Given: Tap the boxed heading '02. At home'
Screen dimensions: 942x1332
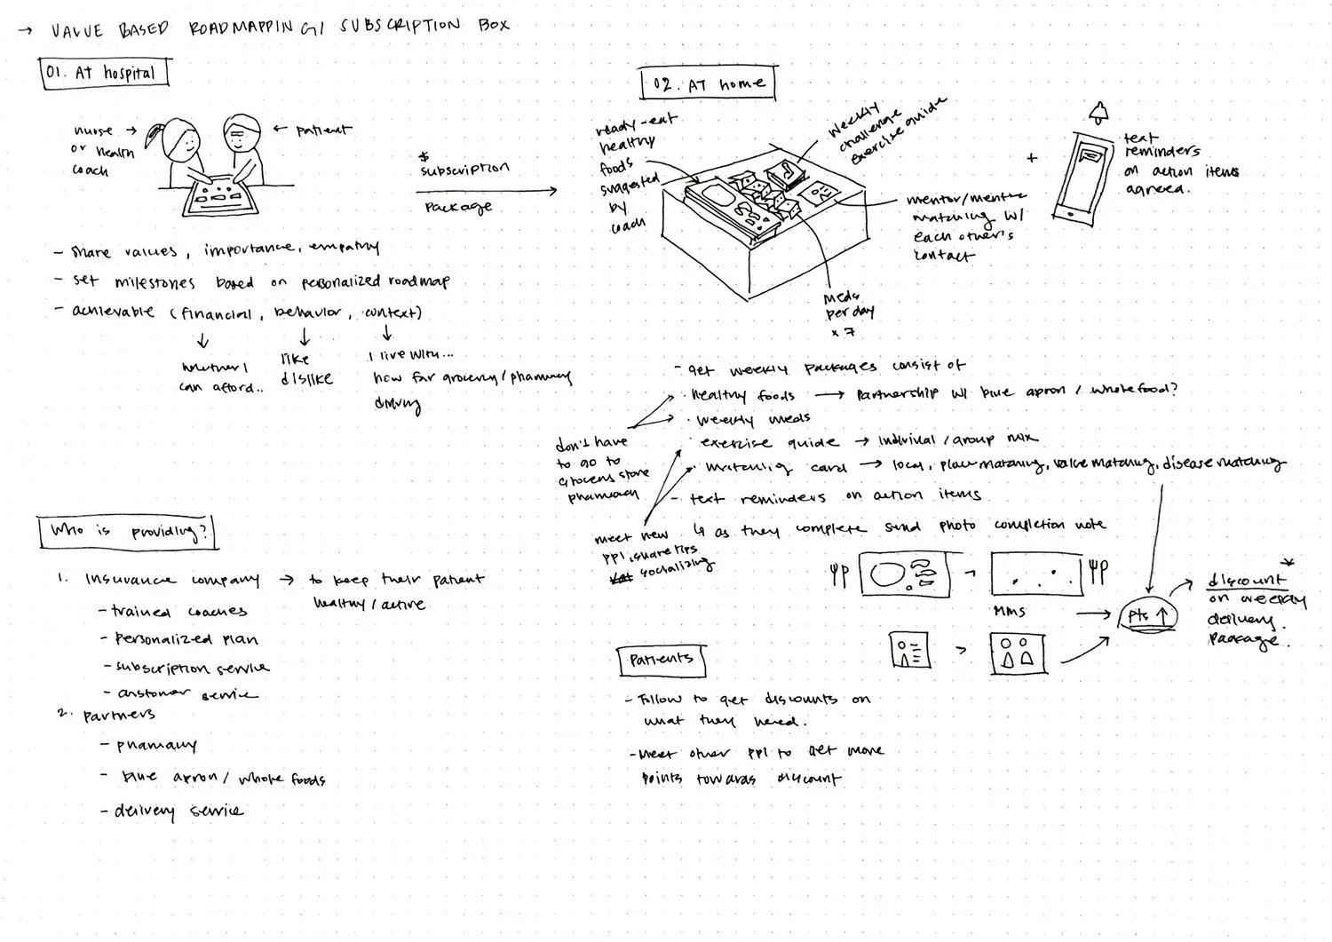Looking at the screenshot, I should click(x=708, y=84).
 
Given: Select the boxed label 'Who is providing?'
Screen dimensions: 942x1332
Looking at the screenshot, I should click(x=128, y=532).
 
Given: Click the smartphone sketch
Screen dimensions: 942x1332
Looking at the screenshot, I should click(x=1083, y=175).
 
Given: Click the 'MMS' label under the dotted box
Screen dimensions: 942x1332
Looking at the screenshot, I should click(x=1010, y=611).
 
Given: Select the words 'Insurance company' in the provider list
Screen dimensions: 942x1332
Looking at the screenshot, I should click(x=172, y=580).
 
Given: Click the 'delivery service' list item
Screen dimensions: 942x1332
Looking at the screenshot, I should click(x=178, y=811).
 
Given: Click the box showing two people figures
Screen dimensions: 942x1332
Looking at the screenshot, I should click(x=1018, y=653).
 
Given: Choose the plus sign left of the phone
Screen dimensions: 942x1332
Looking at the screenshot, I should click(x=1031, y=159).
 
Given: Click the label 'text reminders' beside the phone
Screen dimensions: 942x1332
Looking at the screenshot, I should click(x=1161, y=145).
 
